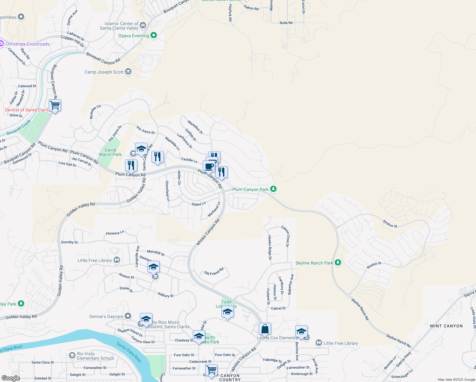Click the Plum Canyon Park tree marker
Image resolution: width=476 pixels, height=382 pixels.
[273, 189]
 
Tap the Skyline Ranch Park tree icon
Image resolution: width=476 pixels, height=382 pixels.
[338, 263]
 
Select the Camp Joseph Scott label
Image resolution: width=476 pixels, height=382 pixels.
[104, 72]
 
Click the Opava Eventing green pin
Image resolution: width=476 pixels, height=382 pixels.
[154, 35]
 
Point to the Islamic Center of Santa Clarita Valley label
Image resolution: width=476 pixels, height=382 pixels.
[119, 26]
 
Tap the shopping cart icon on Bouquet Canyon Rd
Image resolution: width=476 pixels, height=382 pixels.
[55, 105]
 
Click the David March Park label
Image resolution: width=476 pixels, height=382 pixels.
[110, 152]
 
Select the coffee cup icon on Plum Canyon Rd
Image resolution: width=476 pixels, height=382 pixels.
[209, 166]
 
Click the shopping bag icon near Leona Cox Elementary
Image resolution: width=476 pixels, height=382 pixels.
[265, 329]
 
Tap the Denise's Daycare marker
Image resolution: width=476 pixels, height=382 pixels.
[128, 316]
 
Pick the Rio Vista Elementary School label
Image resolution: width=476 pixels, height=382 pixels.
[95, 356]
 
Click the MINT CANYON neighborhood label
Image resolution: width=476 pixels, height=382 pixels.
[446, 326]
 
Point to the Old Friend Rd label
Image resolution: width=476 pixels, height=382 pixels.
[214, 272]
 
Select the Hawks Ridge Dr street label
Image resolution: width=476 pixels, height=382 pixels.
[269, 247]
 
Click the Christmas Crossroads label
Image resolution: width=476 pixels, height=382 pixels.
[27, 44]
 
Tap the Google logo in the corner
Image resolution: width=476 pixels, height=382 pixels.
[10, 378]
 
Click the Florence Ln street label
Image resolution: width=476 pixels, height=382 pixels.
[115, 233]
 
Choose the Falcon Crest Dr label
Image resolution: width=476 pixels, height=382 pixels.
[285, 236]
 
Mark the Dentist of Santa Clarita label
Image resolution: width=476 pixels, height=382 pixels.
[27, 110]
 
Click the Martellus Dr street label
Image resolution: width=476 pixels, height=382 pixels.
[195, 127]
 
